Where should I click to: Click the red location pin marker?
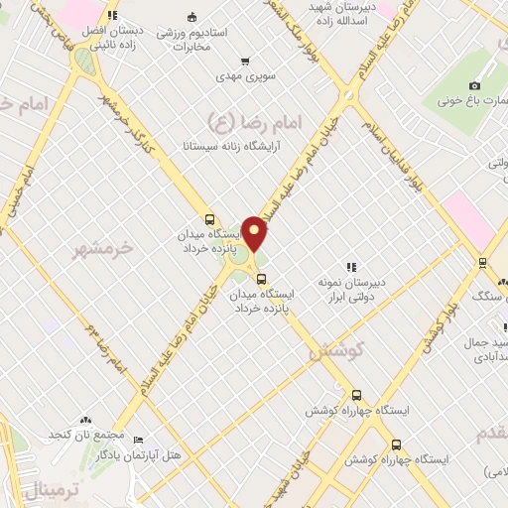tap(255, 233)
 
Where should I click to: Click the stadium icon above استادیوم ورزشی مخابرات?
tap(191, 17)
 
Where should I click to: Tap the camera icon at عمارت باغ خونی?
tap(474, 86)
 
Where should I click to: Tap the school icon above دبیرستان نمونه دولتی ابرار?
tap(350, 266)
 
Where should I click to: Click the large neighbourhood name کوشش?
tap(337, 349)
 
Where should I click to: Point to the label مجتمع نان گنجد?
tap(86, 435)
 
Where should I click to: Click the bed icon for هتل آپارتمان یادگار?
tap(138, 440)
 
